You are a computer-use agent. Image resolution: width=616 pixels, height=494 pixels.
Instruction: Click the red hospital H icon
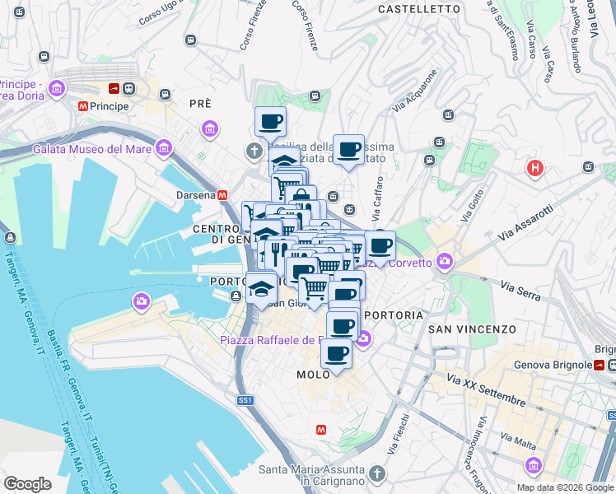coord(535,169)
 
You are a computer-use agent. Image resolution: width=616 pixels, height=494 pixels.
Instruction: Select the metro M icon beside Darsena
coord(222,195)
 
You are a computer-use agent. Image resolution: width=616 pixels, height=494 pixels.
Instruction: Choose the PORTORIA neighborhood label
coord(394,315)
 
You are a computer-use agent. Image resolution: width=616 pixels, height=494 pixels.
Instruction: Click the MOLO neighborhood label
coord(314,375)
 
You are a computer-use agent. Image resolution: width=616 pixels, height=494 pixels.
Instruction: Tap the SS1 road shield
coord(245,400)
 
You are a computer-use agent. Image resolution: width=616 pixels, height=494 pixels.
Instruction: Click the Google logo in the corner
coord(28,483)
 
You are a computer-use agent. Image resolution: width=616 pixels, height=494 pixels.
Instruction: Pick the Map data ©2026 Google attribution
coord(564,487)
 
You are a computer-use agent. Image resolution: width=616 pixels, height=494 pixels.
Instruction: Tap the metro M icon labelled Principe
coord(83,106)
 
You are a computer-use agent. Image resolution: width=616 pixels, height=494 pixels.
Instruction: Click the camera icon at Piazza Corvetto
coord(445,262)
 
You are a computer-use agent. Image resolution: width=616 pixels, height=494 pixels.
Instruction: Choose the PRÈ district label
coord(200,104)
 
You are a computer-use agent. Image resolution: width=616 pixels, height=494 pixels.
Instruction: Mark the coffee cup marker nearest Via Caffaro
coord(348,150)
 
